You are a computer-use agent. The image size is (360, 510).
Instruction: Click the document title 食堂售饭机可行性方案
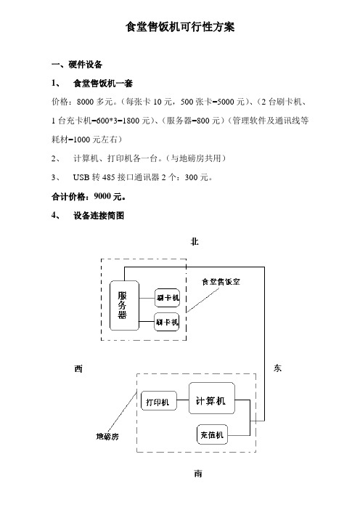pos(180,27)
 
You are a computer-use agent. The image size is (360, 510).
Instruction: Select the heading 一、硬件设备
pos(77,65)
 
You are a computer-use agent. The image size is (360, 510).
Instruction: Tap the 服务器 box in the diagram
pos(124,305)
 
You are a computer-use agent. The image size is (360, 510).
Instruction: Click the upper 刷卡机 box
pos(168,298)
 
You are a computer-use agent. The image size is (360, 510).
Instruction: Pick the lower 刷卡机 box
pos(167,322)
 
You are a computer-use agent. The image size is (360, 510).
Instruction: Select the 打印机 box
pos(159,400)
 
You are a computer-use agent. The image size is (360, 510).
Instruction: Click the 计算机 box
pos(212,398)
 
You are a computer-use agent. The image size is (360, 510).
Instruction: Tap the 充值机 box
pos(212,434)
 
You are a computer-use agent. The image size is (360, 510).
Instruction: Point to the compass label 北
pos(195,242)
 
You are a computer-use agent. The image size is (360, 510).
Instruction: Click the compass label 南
pos(198,474)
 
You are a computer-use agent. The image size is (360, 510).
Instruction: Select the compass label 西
pos(78,368)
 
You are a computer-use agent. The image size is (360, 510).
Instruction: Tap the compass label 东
pos(277,368)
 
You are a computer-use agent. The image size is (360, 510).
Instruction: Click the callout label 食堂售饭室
pos(221,282)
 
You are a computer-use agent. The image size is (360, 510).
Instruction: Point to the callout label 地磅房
pos(107,436)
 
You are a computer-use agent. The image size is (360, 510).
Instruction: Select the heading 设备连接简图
pos(99,215)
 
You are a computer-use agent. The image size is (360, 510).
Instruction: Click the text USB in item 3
pos(81,177)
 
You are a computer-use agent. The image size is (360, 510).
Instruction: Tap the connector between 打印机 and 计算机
pos(183,400)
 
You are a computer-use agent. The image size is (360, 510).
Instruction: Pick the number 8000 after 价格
pos(85,102)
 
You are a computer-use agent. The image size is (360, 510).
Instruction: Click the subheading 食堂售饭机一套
pos(103,84)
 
